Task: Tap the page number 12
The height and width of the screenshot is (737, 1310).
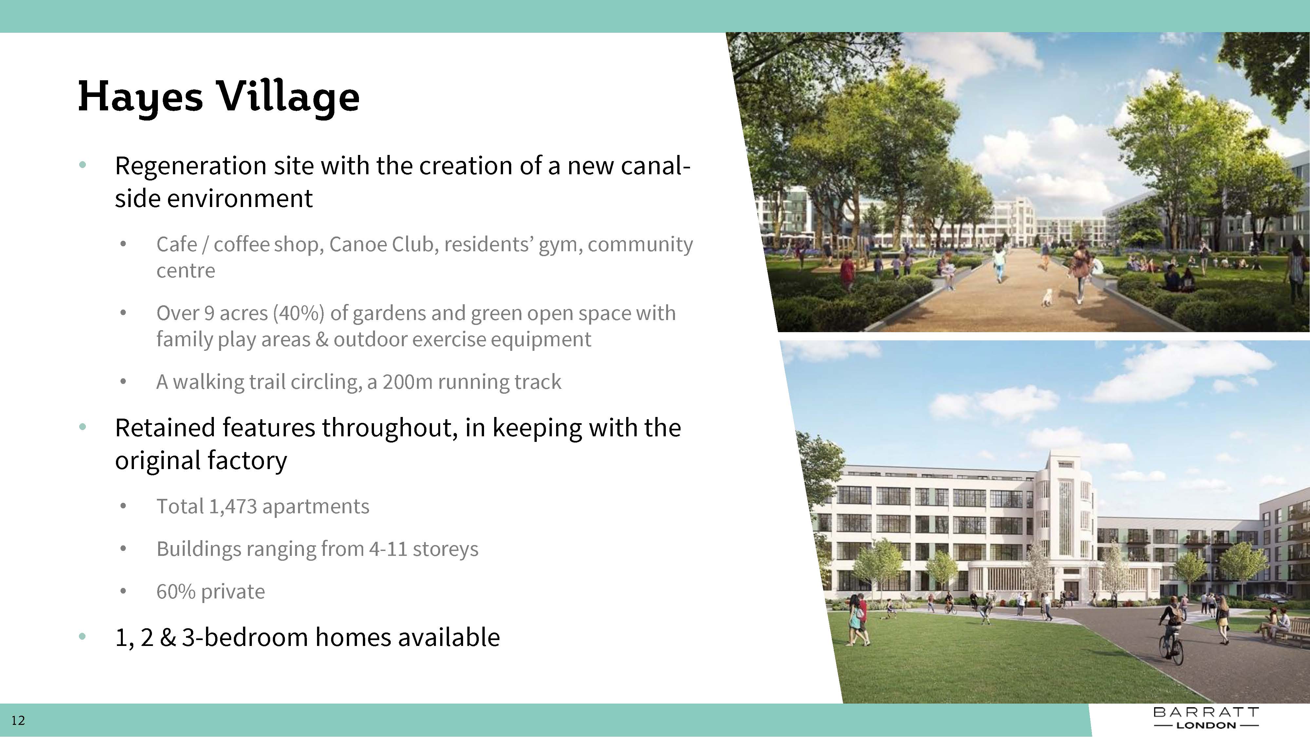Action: (x=18, y=720)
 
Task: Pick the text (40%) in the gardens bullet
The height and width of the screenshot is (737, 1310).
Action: (x=298, y=313)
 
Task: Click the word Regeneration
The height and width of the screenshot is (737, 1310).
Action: (x=191, y=166)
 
